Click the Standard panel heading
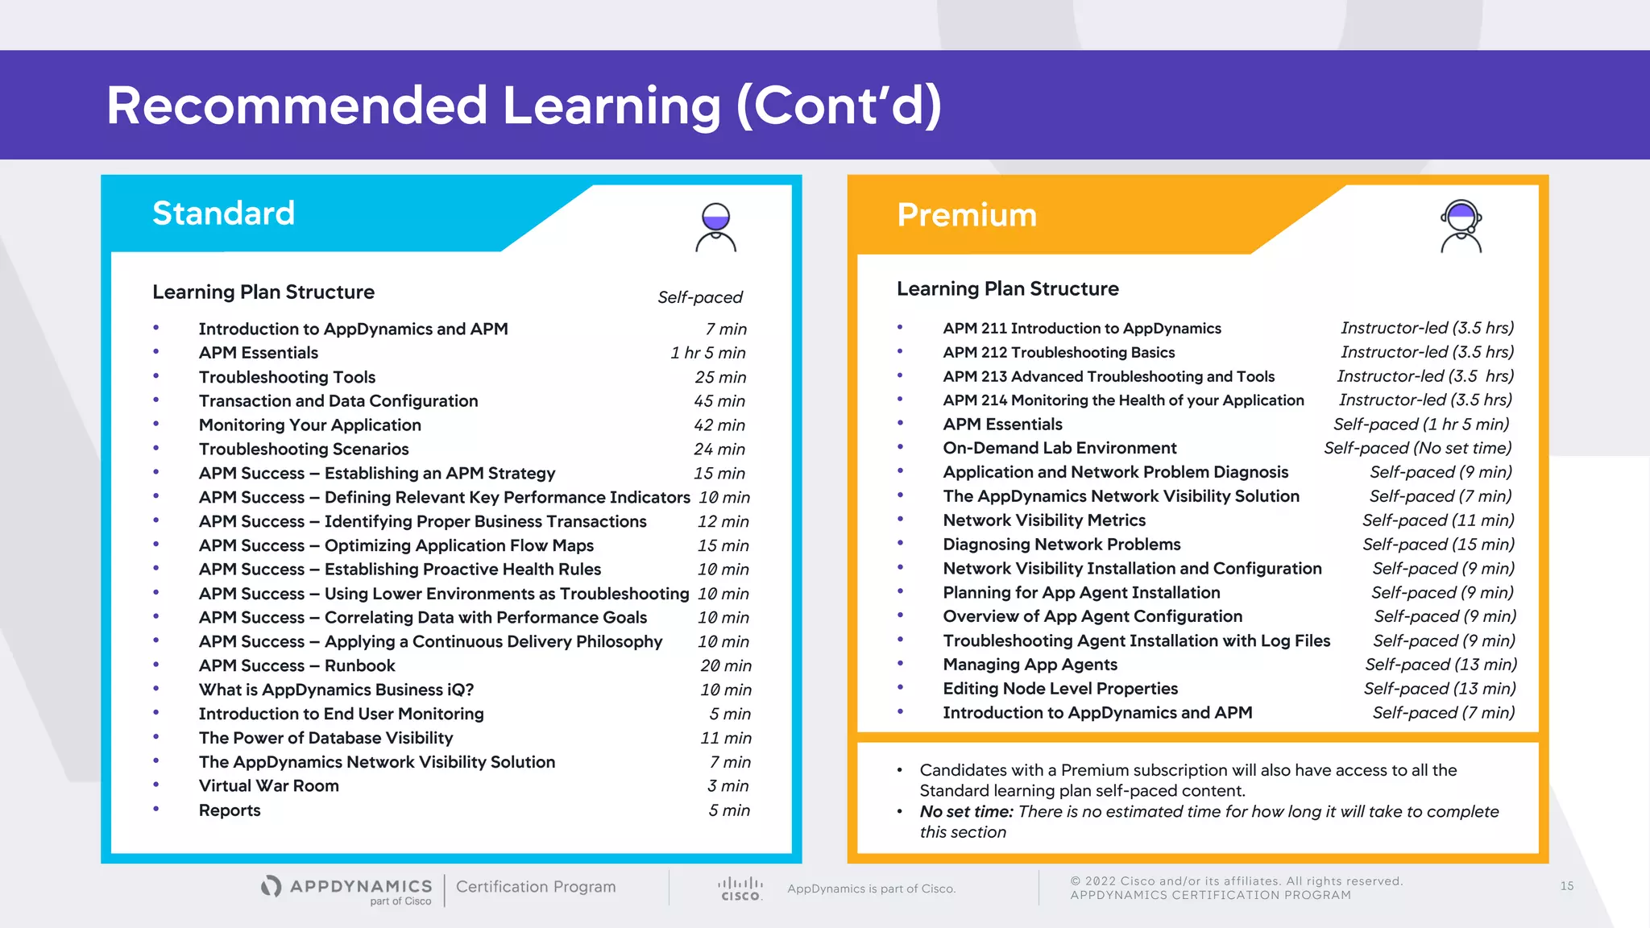(x=223, y=213)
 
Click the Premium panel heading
(x=966, y=215)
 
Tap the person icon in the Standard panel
(x=715, y=228)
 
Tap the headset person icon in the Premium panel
(x=1461, y=227)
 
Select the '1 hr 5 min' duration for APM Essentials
(x=707, y=353)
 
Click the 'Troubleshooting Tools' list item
(x=287, y=377)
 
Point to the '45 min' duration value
(x=719, y=401)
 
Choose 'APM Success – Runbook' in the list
(x=296, y=665)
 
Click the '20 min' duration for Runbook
(x=725, y=665)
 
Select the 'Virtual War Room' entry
(x=268, y=785)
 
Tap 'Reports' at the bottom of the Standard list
(x=230, y=810)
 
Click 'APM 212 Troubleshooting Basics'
(x=1058, y=352)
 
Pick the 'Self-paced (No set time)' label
(x=1417, y=448)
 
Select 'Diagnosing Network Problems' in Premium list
(x=1061, y=545)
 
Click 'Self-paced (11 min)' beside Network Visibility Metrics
(x=1437, y=520)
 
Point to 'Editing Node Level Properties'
(x=1059, y=689)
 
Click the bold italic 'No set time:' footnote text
(x=966, y=811)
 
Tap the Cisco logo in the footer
(x=740, y=889)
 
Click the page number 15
(x=1566, y=886)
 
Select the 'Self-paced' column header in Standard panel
(x=699, y=297)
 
